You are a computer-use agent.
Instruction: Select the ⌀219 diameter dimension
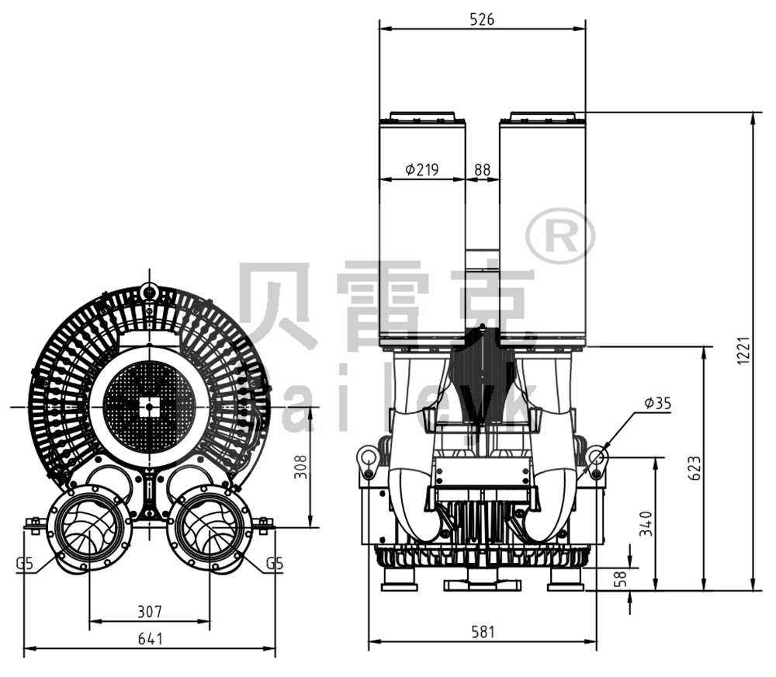point(422,169)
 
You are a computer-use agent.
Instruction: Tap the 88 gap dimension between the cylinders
point(482,169)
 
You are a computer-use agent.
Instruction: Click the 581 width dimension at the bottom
point(482,632)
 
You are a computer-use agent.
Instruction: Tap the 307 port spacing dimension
point(149,612)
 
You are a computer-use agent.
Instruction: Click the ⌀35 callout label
point(656,402)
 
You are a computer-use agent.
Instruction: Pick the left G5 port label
point(24,564)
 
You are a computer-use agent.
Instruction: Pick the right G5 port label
point(274,564)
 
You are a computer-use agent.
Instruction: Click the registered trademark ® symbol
point(560,235)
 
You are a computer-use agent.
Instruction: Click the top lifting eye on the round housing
point(150,292)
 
